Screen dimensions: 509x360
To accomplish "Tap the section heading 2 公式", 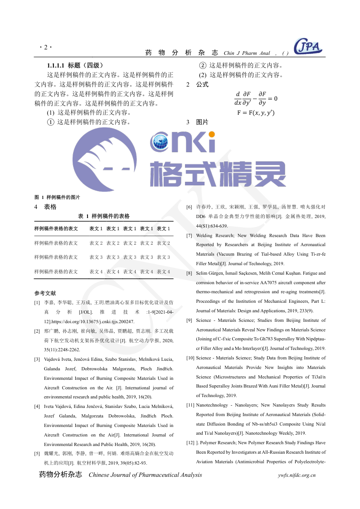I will pos(198,84).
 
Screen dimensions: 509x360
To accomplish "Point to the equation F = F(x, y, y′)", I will pos(256,112).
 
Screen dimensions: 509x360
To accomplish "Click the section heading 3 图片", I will pos(198,122).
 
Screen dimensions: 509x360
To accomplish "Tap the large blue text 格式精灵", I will pos(218,175).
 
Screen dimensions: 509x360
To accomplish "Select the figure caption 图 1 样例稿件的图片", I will pos(57,197).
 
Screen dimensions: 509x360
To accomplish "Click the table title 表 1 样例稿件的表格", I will pos(104,216).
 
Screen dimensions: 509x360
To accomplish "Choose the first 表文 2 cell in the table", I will pos(96,243).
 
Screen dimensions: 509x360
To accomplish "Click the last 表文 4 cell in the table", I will pos(163,272).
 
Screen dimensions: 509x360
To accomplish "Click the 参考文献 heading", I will pos(45,293).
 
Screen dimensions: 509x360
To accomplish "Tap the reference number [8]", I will pos(189,273).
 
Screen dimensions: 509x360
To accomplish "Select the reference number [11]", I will pos(190,405).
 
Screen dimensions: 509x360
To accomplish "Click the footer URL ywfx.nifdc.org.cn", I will pos(297,475).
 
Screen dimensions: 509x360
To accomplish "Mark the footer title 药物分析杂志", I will pos(60,475).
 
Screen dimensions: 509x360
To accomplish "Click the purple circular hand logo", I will pos(105,159).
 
